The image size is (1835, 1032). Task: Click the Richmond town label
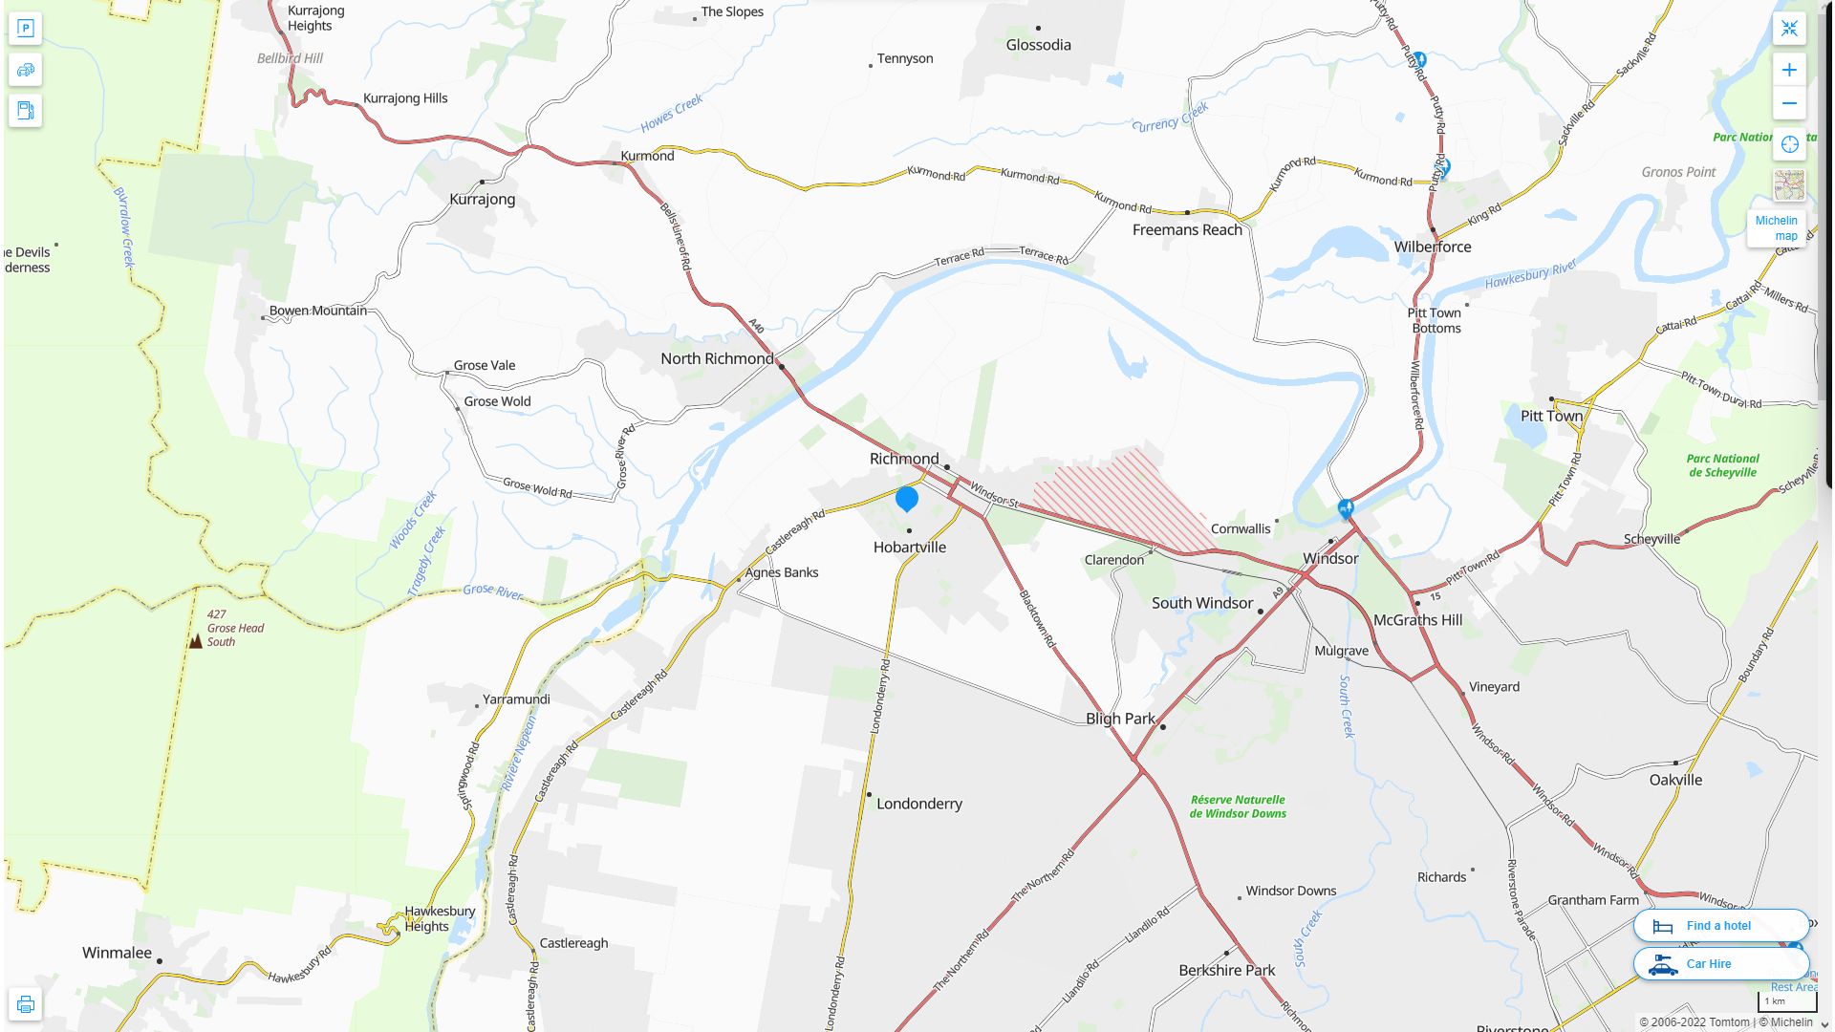(x=903, y=459)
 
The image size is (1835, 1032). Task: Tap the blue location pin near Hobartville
(x=907, y=498)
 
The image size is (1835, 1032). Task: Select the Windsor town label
(x=1329, y=558)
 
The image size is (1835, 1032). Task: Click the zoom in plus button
(x=1789, y=70)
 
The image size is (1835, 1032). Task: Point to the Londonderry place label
(x=918, y=804)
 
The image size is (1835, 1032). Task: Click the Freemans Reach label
(x=1187, y=229)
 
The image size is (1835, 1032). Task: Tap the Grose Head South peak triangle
(x=196, y=641)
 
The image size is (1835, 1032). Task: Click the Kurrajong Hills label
(x=405, y=98)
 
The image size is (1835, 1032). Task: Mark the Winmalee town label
(x=117, y=953)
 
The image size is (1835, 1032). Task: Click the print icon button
(x=26, y=1004)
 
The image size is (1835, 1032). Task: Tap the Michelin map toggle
(x=1777, y=227)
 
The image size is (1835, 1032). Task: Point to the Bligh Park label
(x=1120, y=719)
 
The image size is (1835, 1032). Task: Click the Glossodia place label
(x=1038, y=45)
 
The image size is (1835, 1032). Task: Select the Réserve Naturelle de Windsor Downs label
(x=1238, y=806)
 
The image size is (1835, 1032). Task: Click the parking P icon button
(x=26, y=28)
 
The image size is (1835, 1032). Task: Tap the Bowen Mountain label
(x=317, y=311)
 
